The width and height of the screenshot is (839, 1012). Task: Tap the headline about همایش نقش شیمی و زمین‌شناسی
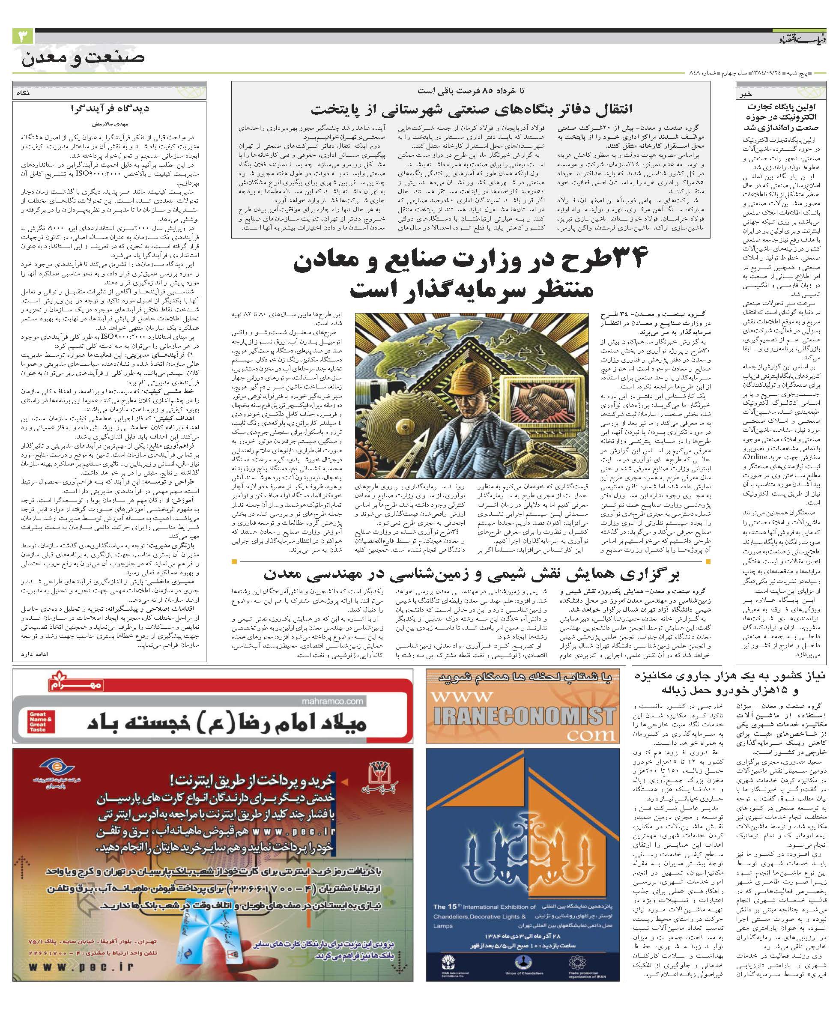(x=471, y=574)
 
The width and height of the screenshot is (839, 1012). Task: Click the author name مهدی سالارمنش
(x=111, y=123)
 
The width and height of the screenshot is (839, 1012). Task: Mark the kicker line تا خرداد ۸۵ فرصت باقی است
(x=471, y=90)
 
